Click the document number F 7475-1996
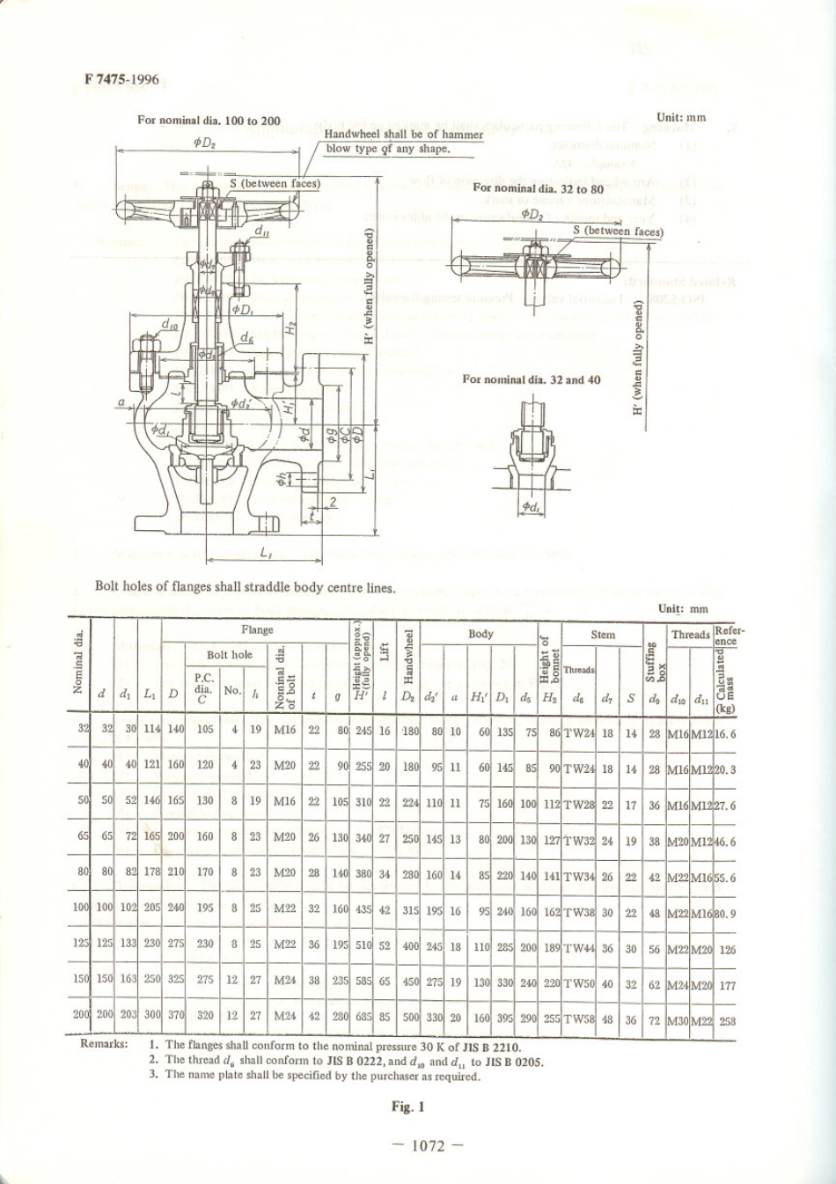[122, 80]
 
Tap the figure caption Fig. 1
[408, 1107]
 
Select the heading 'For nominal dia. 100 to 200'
[209, 121]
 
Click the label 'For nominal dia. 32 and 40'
[532, 379]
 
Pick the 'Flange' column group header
[257, 630]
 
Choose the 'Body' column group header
[480, 634]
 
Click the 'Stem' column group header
[603, 634]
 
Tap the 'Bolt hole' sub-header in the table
[229, 655]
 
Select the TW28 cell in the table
[579, 805]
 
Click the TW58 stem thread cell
[579, 1021]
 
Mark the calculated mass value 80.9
[724, 913]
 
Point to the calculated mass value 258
[727, 1021]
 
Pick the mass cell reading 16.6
[724, 732]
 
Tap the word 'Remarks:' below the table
[104, 1044]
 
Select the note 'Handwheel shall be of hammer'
[404, 135]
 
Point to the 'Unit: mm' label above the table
[683, 608]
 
